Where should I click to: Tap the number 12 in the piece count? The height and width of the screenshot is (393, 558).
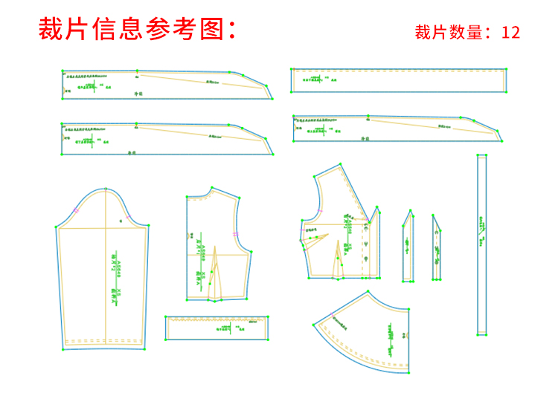[511, 33]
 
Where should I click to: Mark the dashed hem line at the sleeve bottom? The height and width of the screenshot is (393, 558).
[103, 342]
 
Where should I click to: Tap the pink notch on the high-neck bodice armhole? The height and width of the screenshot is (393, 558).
[236, 235]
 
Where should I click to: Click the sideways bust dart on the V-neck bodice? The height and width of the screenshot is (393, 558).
[315, 238]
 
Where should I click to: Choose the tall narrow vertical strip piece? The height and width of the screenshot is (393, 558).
[481, 245]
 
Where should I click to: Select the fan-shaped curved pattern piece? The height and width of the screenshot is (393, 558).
[365, 331]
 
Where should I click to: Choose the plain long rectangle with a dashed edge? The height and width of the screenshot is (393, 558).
[399, 80]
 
